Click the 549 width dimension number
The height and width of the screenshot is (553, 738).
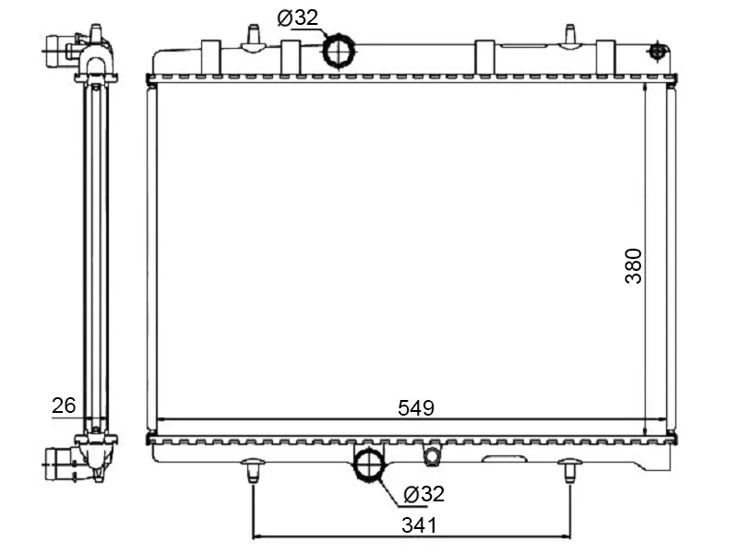point(416,407)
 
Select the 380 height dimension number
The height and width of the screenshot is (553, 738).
point(634,265)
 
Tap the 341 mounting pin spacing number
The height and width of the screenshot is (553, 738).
point(420,525)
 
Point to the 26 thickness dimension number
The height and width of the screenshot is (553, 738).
point(64,406)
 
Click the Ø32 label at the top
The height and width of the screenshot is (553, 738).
point(298,18)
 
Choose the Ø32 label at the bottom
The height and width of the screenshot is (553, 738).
point(423,494)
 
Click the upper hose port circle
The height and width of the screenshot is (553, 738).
point(339,51)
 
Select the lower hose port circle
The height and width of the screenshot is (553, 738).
point(370,465)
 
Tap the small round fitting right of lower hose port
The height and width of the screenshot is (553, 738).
point(432,455)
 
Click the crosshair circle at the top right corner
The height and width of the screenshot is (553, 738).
point(656,51)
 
